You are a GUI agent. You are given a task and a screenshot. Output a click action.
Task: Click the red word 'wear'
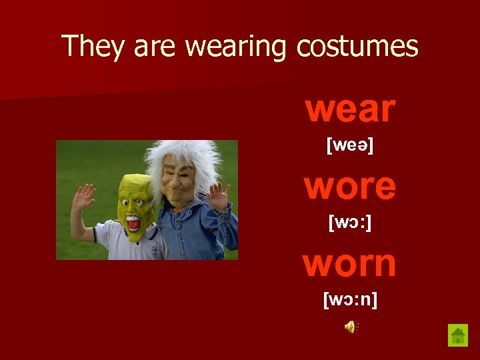pyautogui.click(x=351, y=109)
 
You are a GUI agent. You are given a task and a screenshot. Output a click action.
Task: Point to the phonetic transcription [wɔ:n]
pyautogui.click(x=350, y=300)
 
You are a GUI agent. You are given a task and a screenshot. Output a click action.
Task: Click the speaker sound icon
pyautogui.click(x=351, y=326)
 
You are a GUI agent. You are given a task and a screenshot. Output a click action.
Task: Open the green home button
pyautogui.click(x=458, y=335)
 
